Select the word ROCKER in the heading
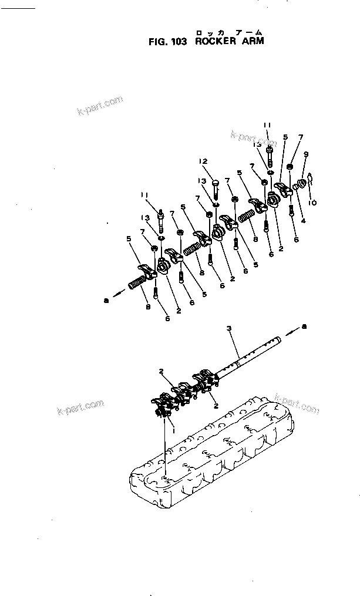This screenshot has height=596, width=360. pyautogui.click(x=215, y=41)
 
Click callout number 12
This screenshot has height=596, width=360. pyautogui.click(x=203, y=161)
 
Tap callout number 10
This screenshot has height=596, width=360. pyautogui.click(x=313, y=202)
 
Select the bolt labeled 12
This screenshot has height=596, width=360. pyautogui.click(x=215, y=187)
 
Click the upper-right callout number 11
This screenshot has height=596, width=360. pyautogui.click(x=267, y=125)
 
